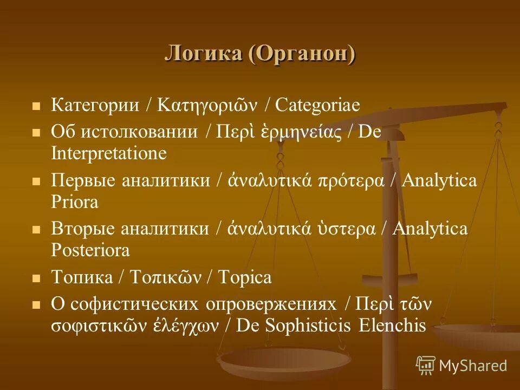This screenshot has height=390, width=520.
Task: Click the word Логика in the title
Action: pyautogui.click(x=203, y=55)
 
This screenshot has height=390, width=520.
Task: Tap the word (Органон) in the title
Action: pyautogui.click(x=303, y=55)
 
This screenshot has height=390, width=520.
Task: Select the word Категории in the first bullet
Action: pyautogui.click(x=95, y=105)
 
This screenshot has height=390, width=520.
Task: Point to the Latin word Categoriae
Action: pyautogui.click(x=317, y=105)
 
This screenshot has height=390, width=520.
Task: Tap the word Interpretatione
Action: pyautogui.click(x=109, y=154)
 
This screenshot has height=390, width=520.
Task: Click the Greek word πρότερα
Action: pyautogui.click(x=355, y=181)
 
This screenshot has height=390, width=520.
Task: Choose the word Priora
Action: pyautogui.click(x=75, y=203)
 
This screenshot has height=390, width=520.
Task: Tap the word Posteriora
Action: pyautogui.click(x=90, y=251)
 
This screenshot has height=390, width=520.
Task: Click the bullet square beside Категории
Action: pyautogui.click(x=37, y=106)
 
